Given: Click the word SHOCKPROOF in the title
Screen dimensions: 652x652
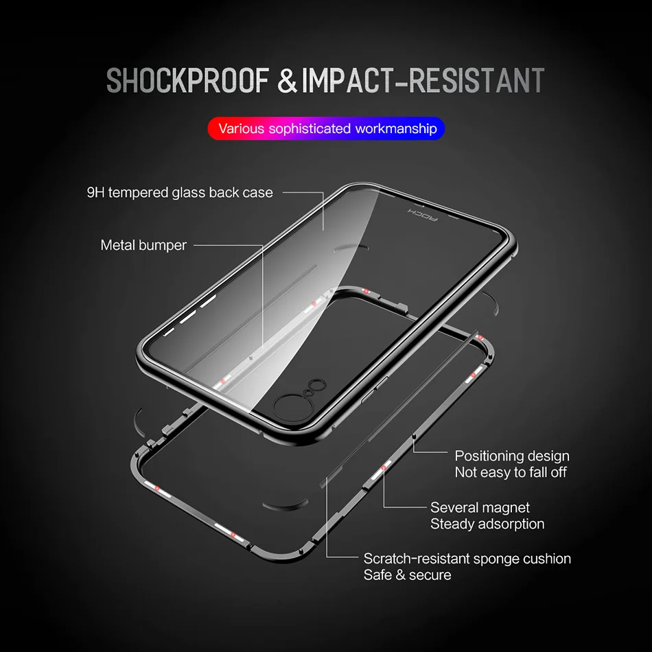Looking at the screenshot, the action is point(187,81).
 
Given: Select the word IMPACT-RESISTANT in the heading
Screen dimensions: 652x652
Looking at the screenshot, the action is point(422,81).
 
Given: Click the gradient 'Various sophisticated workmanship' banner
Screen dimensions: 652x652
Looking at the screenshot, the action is point(327,128).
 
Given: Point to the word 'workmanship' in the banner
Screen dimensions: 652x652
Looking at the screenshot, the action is point(396,128).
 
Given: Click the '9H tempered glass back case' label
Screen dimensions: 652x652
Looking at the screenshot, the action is point(180,192).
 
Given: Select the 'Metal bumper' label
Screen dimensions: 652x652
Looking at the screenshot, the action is point(143,245).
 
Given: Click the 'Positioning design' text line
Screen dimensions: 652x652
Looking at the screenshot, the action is point(512,456).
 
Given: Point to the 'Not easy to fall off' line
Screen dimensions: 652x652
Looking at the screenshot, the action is point(511,472).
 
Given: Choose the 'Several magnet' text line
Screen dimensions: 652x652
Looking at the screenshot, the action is point(480,508).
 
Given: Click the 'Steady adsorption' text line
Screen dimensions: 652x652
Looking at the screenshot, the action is point(487,524).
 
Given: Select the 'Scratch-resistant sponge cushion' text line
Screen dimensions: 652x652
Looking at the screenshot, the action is point(467,559).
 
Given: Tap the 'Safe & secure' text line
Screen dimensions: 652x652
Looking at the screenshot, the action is point(407,575).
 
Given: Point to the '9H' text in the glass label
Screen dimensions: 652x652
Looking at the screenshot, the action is point(96,192).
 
